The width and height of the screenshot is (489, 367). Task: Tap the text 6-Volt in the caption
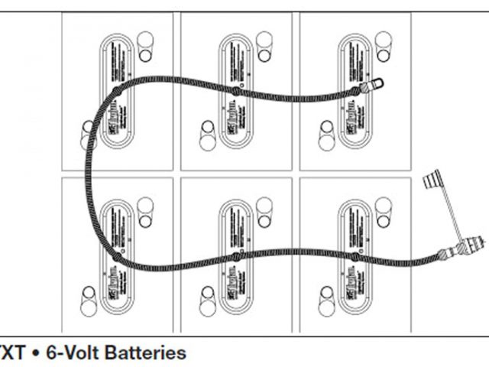[73, 353]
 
